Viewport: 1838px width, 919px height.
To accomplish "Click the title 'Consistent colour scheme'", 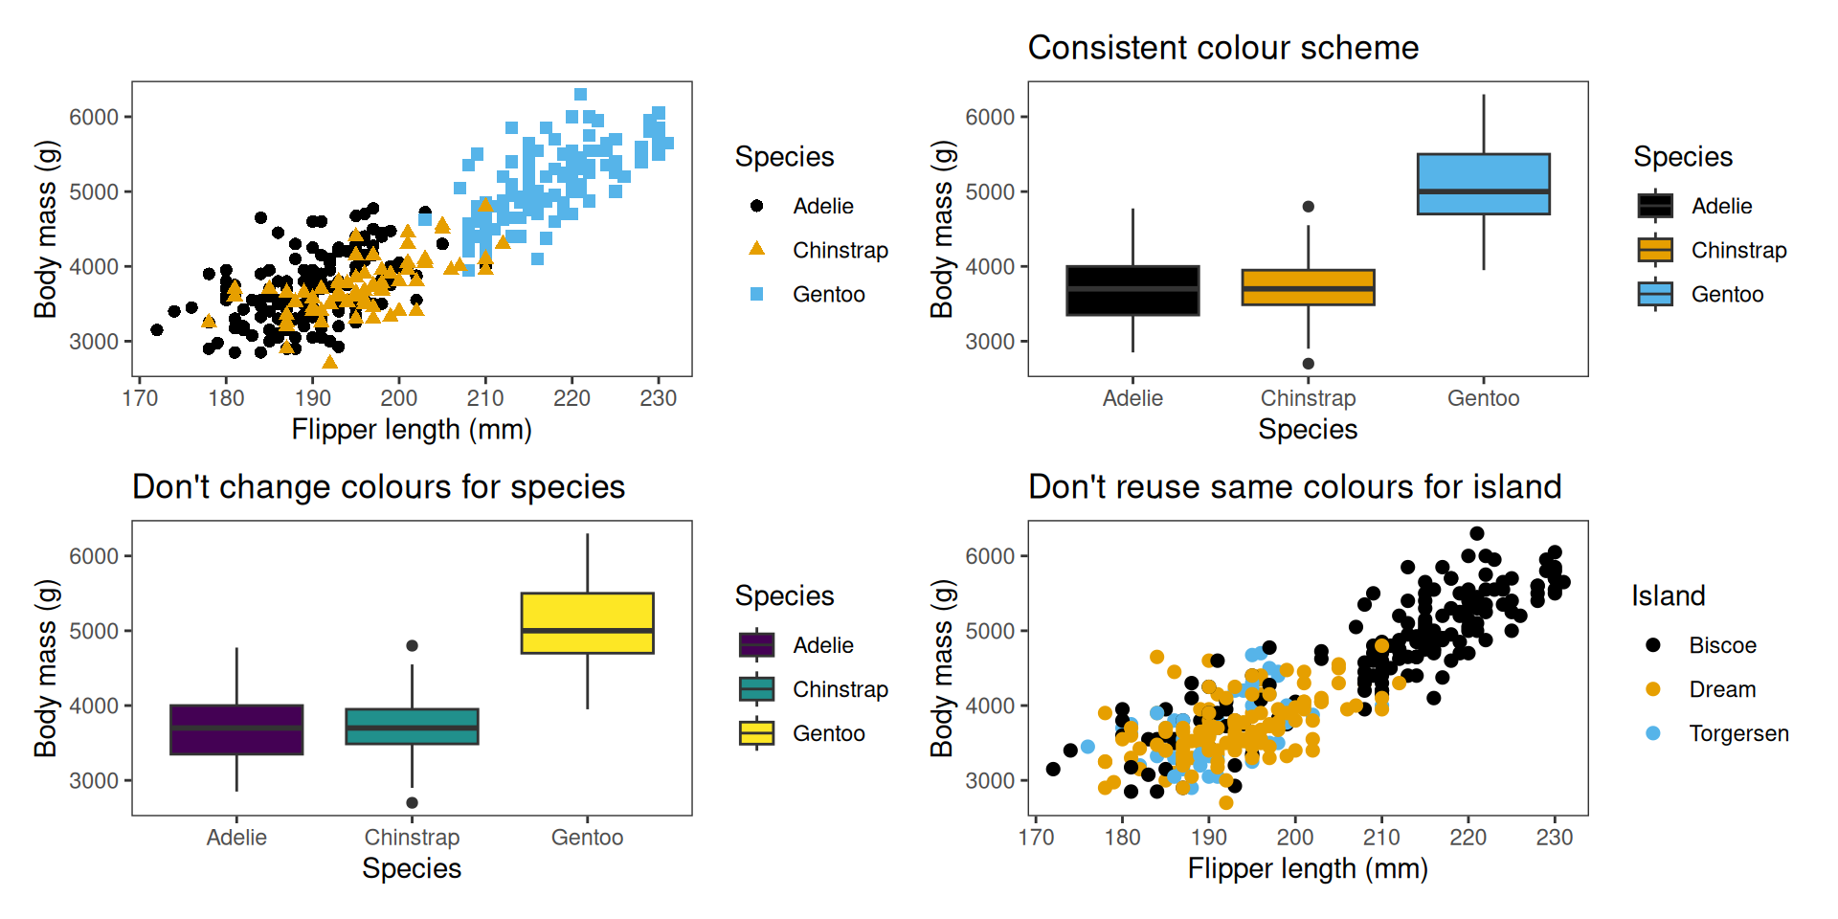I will (x=1222, y=48).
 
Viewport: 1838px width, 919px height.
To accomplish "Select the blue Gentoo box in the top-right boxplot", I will (x=1483, y=184).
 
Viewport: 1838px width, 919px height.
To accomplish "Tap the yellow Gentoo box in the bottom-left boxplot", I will (x=587, y=623).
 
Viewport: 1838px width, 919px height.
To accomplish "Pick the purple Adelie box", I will (x=236, y=729).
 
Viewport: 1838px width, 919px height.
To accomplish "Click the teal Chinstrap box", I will (x=412, y=727).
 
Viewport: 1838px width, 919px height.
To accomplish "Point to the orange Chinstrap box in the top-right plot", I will (x=1308, y=287).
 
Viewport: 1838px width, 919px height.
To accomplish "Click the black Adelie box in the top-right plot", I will (x=1132, y=290).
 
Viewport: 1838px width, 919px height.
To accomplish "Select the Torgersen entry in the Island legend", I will (x=1738, y=733).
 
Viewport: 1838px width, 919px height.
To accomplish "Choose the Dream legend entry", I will (x=1722, y=689).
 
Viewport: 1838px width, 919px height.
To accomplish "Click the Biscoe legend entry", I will (x=1722, y=645).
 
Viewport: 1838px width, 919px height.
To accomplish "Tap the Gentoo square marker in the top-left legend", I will (x=756, y=294).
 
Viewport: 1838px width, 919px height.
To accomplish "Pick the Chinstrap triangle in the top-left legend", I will (x=756, y=249).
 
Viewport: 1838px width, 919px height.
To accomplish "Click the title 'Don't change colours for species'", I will (x=378, y=487).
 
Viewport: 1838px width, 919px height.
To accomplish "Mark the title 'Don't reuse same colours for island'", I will (x=1294, y=487).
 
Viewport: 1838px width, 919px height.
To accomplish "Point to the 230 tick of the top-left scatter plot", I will (x=658, y=398).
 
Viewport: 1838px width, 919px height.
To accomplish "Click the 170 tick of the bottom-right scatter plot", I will (x=1036, y=838).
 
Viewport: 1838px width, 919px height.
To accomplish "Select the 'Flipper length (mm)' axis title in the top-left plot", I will (x=412, y=430).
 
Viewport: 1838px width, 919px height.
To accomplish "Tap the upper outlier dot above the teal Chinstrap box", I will (x=412, y=646).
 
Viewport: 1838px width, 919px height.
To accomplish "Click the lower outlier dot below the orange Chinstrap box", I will (x=1308, y=364).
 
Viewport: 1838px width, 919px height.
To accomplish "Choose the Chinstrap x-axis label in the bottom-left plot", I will (x=412, y=838).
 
